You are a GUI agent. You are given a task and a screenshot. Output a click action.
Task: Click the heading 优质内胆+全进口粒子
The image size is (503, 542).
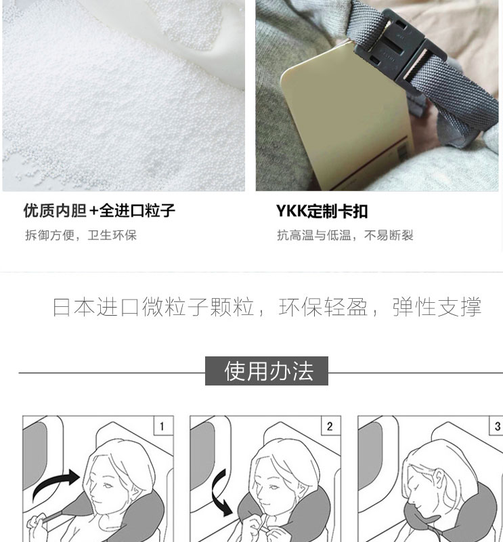point(100,211)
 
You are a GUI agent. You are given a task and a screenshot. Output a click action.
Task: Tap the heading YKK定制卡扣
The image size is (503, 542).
point(322,211)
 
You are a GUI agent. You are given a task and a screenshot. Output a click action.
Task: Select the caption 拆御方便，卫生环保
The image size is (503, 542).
point(81,235)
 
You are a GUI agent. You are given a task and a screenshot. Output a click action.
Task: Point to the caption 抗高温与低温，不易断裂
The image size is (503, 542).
point(345,235)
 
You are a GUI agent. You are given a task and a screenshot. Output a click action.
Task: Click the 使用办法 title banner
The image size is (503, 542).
point(267,371)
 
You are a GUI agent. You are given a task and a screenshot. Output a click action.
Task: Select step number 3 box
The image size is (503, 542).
point(498,426)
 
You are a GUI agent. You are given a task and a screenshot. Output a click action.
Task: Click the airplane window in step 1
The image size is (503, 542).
point(35,455)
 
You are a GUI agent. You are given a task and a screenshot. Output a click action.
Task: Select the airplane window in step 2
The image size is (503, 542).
point(202,455)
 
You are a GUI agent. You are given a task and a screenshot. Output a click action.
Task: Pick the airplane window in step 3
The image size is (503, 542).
point(370,455)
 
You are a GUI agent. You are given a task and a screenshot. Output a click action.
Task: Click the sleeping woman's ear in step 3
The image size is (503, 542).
point(440,479)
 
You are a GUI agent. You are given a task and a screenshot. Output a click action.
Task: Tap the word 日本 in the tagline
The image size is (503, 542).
point(74,307)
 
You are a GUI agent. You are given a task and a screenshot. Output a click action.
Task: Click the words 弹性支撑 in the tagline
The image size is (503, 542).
point(437,307)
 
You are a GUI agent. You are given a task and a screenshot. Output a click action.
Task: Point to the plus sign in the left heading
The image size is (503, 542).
point(93,211)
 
